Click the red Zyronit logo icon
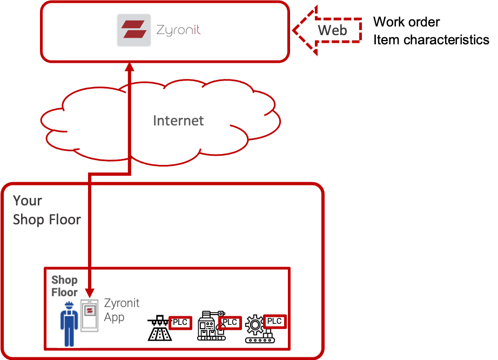(133, 30)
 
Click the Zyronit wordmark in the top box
(178, 30)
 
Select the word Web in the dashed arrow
(332, 30)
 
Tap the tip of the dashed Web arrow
(295, 30)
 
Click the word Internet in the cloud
(178, 121)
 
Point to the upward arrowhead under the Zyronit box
(130, 69)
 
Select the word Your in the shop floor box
(28, 201)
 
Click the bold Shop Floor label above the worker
(64, 286)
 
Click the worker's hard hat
(69, 305)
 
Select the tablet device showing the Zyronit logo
(90, 315)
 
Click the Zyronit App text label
(122, 310)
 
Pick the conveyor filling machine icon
(159, 329)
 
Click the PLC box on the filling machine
(180, 323)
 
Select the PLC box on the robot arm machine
(230, 323)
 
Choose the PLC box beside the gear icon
(274, 321)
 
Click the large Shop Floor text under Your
(47, 219)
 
